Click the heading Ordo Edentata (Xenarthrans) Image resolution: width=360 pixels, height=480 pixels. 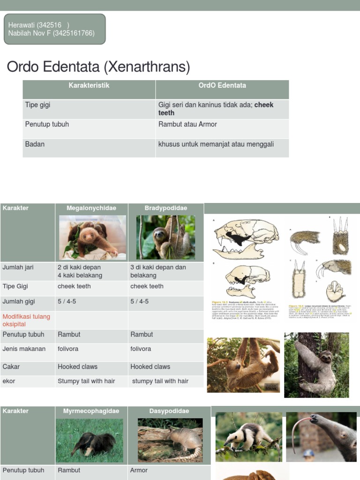98,67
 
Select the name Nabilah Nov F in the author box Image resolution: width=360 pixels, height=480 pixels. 30,33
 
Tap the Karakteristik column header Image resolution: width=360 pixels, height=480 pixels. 89,85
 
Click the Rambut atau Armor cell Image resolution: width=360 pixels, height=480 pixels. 187,124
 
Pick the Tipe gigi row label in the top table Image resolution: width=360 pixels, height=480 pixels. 37,105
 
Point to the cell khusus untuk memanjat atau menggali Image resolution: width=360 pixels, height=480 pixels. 216,144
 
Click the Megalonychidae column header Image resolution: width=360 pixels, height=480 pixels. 91,208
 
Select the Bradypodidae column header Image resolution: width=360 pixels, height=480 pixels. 166,208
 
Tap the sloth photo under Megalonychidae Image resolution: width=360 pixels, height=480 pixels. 92,237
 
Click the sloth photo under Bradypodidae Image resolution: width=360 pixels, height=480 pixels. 165,237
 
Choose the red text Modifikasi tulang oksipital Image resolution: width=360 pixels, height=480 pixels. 26,320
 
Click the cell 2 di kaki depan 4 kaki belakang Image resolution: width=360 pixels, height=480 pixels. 80,271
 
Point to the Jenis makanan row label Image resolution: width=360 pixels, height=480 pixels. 24,349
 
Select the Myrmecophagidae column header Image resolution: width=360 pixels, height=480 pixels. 91,411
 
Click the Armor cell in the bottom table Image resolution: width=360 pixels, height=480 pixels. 139,470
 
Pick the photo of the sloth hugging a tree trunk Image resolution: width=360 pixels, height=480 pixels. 316,365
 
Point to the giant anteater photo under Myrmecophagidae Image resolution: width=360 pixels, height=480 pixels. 90,441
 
